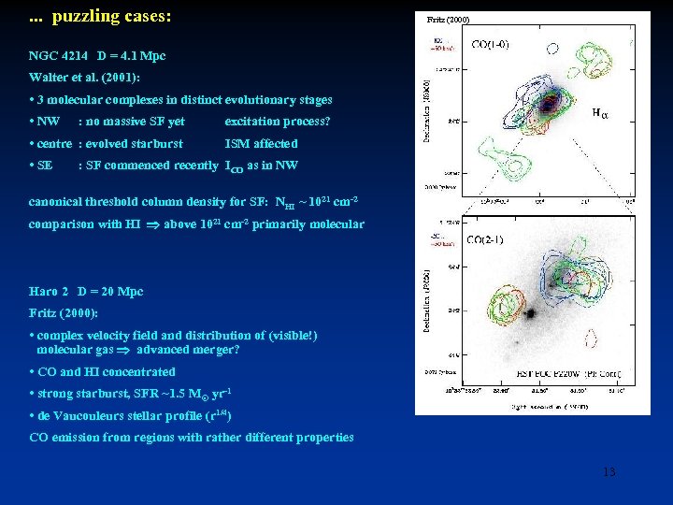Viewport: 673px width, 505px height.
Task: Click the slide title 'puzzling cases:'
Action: click(111, 17)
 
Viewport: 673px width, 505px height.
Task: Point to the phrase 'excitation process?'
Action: click(278, 122)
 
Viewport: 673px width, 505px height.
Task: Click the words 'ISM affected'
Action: click(261, 144)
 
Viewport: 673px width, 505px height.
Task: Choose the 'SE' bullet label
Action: click(45, 166)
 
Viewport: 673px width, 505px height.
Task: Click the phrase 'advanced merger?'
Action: click(188, 350)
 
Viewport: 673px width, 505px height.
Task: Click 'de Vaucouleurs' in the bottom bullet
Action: click(85, 415)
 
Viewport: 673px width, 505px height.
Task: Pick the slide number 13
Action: click(609, 472)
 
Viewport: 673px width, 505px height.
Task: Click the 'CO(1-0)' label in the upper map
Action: click(490, 43)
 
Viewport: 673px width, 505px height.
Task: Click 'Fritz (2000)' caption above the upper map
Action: click(448, 19)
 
